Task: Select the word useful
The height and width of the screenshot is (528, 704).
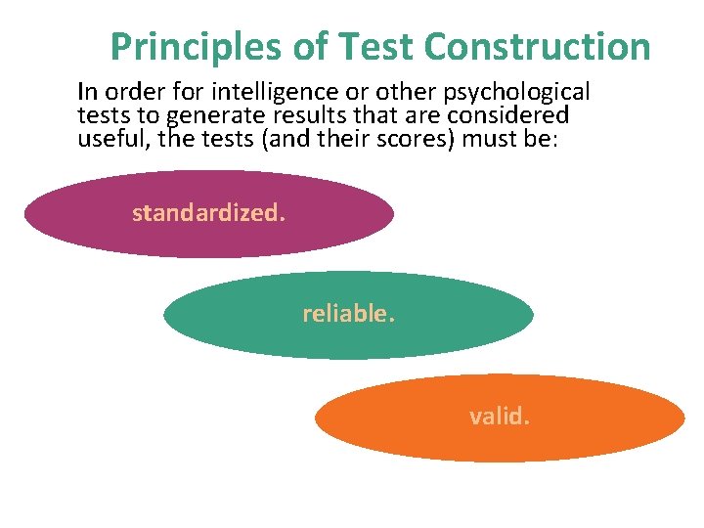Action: tap(107, 138)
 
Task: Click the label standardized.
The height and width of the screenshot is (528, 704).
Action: tap(209, 213)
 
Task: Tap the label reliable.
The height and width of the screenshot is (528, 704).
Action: tap(349, 314)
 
